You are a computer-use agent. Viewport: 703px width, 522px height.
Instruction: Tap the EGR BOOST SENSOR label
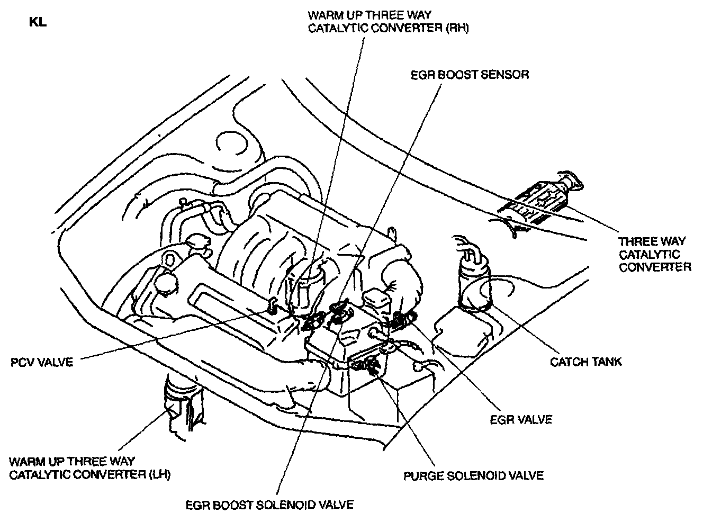tap(470, 74)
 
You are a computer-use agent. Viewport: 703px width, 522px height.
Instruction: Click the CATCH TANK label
tap(585, 362)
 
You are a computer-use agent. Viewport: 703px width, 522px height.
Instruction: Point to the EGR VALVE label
tap(521, 419)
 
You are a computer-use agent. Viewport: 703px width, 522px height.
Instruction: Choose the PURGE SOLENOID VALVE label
tap(473, 475)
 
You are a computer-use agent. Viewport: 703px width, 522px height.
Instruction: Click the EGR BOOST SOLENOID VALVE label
tap(269, 504)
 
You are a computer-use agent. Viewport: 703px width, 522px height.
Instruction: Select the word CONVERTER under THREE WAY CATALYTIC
tap(655, 267)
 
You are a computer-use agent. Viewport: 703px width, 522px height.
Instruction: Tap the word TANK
tap(605, 362)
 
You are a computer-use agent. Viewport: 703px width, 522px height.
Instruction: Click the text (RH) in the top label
tap(456, 28)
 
